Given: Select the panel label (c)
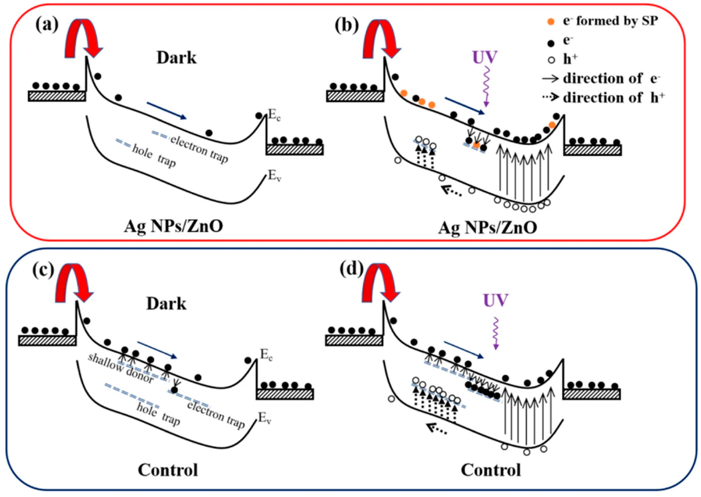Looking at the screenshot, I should click(43, 270).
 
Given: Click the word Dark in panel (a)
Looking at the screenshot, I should click(176, 58).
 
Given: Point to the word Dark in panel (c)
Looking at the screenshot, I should click(166, 304).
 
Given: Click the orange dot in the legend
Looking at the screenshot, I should click(551, 22).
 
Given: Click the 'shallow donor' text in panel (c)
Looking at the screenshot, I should click(121, 368).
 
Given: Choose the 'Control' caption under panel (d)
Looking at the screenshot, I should click(491, 470).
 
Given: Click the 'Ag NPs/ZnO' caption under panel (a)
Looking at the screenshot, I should click(173, 227).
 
